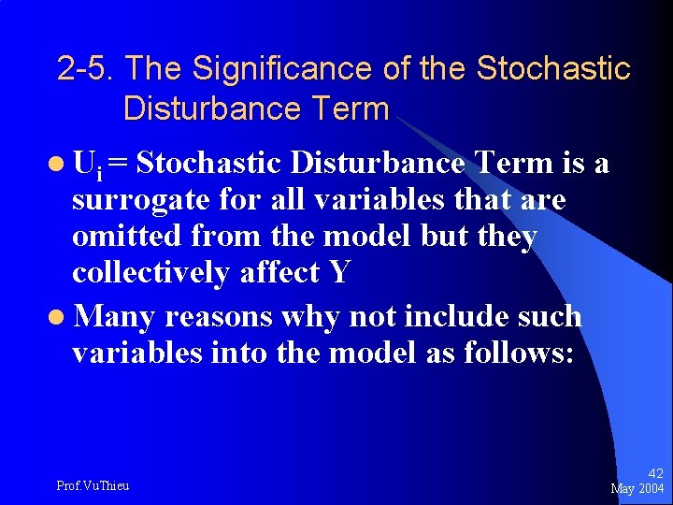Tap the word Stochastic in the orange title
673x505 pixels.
point(553,68)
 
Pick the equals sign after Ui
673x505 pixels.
point(120,165)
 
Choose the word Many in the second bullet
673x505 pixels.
point(112,316)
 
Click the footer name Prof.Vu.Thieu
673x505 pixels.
point(93,485)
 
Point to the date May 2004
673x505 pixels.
point(637,489)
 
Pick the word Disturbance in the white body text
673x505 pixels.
point(378,164)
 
